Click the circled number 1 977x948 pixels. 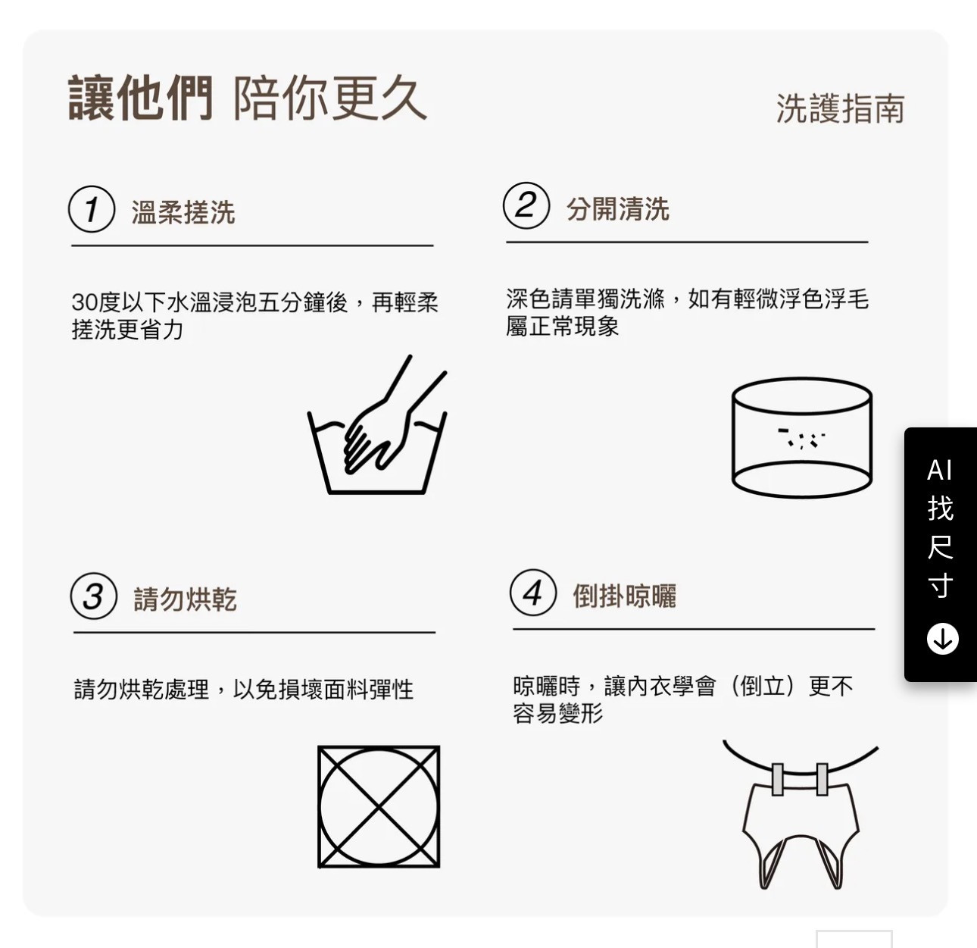pyautogui.click(x=92, y=209)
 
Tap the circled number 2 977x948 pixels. pyautogui.click(x=526, y=205)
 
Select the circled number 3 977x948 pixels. pyautogui.click(x=94, y=596)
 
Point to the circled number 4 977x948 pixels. pyautogui.click(x=533, y=593)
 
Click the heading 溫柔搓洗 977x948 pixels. pyautogui.click(x=183, y=212)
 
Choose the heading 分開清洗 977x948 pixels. pyautogui.click(x=618, y=208)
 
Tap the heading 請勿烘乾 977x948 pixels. pyautogui.click(x=186, y=599)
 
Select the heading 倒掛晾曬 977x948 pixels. pyautogui.click(x=625, y=596)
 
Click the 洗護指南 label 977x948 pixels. pyautogui.click(x=841, y=108)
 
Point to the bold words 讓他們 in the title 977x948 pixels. pyautogui.click(x=141, y=98)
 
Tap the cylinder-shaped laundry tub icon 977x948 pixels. pyautogui.click(x=802, y=437)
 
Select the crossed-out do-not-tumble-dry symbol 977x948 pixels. pyautogui.click(x=379, y=807)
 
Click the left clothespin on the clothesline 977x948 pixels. pyautogui.click(x=778, y=779)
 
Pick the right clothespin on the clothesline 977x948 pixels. pyautogui.click(x=822, y=779)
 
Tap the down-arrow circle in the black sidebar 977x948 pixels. pyautogui.click(x=942, y=639)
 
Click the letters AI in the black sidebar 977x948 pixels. pyautogui.click(x=939, y=471)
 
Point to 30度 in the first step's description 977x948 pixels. pyautogui.click(x=95, y=302)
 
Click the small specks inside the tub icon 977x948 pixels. pyautogui.click(x=801, y=437)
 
